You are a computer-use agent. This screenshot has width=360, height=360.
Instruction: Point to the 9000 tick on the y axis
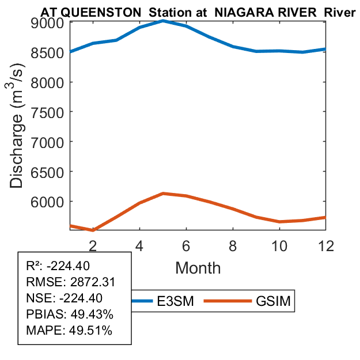(48, 22)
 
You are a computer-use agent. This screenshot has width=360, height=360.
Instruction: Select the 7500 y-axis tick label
(48, 112)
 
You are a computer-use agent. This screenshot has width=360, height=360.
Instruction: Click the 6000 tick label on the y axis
(48, 201)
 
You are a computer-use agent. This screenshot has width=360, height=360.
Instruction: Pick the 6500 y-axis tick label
(48, 171)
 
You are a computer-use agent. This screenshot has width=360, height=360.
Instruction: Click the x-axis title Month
(198, 267)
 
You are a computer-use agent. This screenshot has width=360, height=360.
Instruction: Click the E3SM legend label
(174, 302)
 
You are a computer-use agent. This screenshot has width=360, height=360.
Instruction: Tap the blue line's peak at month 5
(164, 21)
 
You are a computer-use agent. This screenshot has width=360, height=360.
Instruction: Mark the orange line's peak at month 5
(164, 194)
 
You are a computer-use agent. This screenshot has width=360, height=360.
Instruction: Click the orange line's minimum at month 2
(93, 230)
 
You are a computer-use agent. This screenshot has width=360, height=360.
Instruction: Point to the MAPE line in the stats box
(69, 331)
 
